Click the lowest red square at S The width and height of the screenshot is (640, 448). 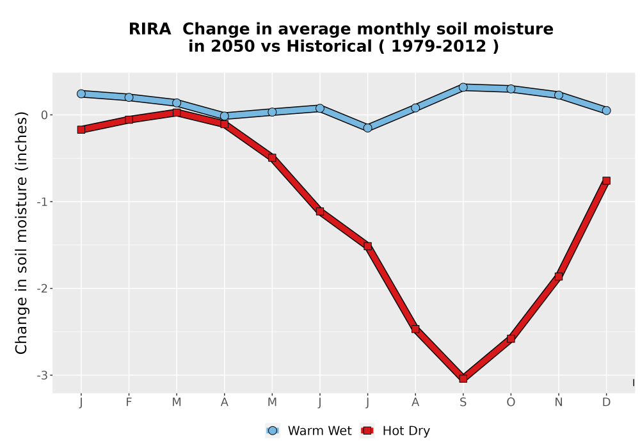pyautogui.click(x=463, y=378)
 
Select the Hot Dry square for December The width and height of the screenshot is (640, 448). pyautogui.click(x=606, y=180)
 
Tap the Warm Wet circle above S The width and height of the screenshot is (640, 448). pyautogui.click(x=463, y=87)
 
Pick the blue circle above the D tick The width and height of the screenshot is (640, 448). pyautogui.click(x=606, y=110)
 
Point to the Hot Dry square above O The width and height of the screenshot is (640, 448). pyautogui.click(x=511, y=339)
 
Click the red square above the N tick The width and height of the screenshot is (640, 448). pyautogui.click(x=558, y=276)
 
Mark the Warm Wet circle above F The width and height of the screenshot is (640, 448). pyautogui.click(x=129, y=97)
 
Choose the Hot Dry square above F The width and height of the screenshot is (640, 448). pyautogui.click(x=129, y=120)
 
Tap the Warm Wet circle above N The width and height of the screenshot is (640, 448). pyautogui.click(x=558, y=95)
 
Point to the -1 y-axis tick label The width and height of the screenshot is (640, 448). pyautogui.click(x=42, y=202)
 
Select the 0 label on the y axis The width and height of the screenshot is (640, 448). pyautogui.click(x=44, y=115)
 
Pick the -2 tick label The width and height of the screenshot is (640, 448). pyautogui.click(x=42, y=289)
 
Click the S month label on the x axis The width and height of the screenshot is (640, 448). pyautogui.click(x=463, y=403)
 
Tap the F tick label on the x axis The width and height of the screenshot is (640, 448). pyautogui.click(x=129, y=403)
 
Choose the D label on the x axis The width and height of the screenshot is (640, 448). pyautogui.click(x=606, y=403)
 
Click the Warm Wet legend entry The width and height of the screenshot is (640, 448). pyautogui.click(x=308, y=431)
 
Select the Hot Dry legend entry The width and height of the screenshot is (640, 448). pyautogui.click(x=395, y=431)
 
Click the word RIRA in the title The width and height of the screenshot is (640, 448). pyautogui.click(x=150, y=29)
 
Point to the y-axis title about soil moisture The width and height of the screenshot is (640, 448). pyautogui.click(x=21, y=233)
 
